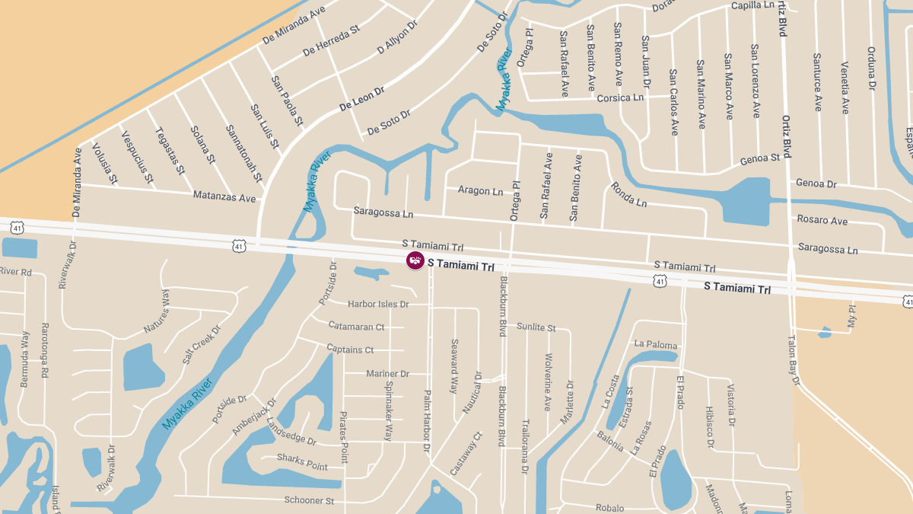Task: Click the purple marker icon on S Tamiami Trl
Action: (x=415, y=260)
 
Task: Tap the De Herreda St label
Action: (x=331, y=40)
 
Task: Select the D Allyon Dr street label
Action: (x=397, y=37)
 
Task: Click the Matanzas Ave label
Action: (x=224, y=197)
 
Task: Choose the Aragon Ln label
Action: (x=480, y=190)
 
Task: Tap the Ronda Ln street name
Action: (x=628, y=195)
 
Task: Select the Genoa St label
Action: (x=760, y=158)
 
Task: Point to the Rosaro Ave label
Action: (x=822, y=221)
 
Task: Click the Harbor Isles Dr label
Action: (x=378, y=305)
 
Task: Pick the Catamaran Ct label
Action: (x=356, y=327)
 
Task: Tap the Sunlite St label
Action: (x=536, y=327)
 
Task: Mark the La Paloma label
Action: (x=655, y=345)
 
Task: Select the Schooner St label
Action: (x=309, y=501)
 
